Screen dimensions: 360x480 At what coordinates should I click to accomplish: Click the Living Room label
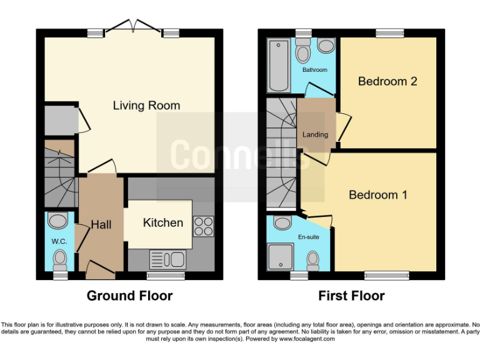coord(146,106)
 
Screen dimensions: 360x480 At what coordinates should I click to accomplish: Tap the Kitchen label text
coord(163,222)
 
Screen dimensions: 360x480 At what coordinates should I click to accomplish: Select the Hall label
coord(101,224)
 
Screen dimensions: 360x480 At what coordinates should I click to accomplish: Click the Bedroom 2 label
coord(387,81)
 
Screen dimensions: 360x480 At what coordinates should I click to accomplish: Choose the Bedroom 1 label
coord(378,195)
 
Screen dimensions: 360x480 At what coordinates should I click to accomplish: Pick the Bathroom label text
coord(314,70)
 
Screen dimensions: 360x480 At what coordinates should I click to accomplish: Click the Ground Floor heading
coord(129,296)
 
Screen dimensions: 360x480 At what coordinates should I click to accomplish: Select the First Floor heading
coord(351,296)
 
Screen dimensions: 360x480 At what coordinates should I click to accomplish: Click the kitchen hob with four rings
coord(204,226)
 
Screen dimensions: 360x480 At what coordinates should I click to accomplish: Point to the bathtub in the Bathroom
coord(276,66)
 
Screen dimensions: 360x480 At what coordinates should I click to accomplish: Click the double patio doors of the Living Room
coord(133,27)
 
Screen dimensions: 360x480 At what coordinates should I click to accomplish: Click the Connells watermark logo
coord(241,154)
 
